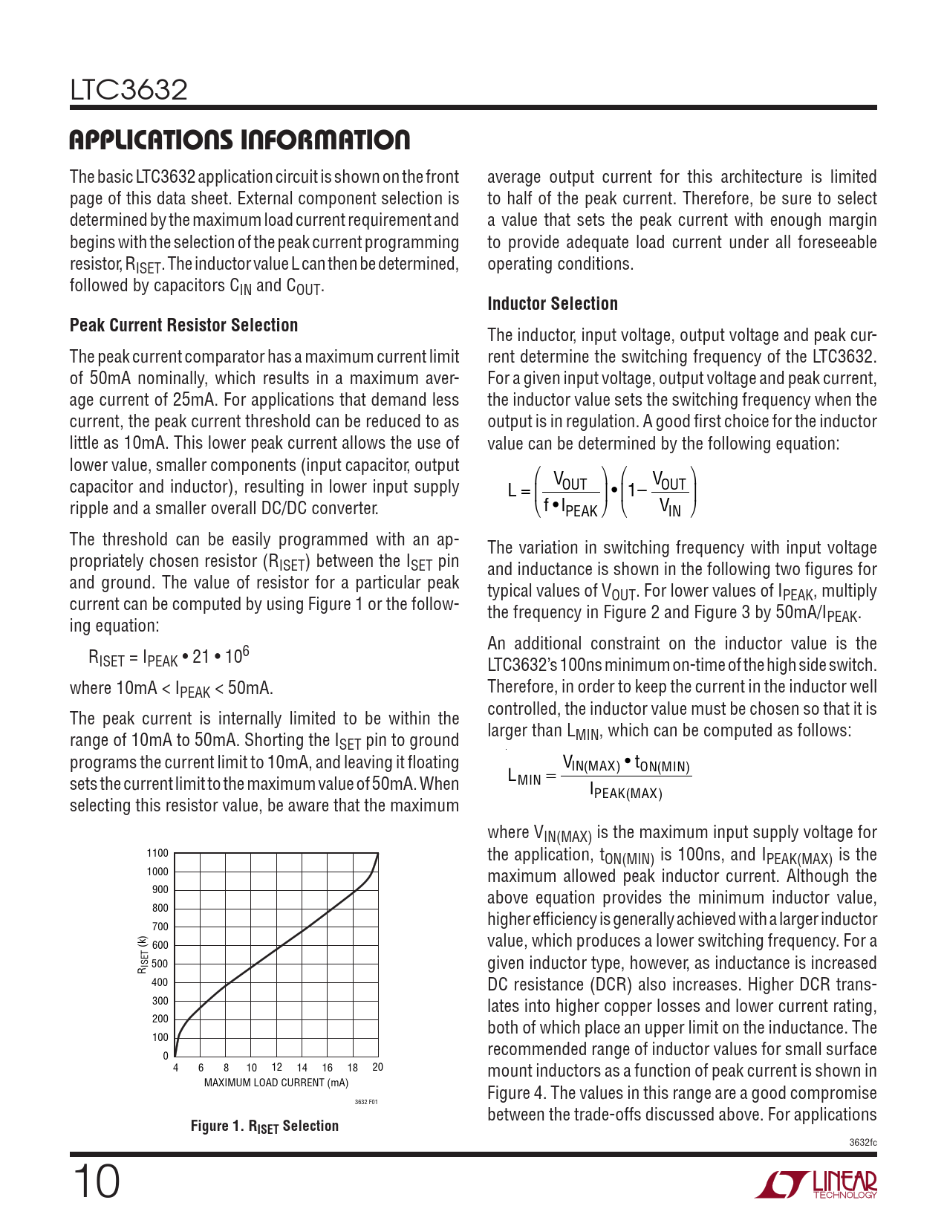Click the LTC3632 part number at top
tap(128, 91)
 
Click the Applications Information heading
tap(239, 140)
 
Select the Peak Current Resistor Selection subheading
tap(183, 325)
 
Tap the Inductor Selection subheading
tap(552, 304)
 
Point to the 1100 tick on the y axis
tap(157, 853)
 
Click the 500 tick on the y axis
tap(160, 964)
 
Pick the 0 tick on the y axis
tap(166, 1056)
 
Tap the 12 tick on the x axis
tap(276, 1068)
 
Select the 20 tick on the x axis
tap(377, 1068)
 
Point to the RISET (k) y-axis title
tap(142, 955)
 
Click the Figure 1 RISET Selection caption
tap(264, 1126)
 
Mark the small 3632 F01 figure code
tap(365, 1102)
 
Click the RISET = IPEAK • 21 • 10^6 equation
tap(169, 658)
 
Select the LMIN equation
tap(599, 777)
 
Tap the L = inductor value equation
tap(602, 492)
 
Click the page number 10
tap(95, 1182)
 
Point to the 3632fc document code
tap(862, 1143)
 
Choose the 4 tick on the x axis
tap(176, 1068)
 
